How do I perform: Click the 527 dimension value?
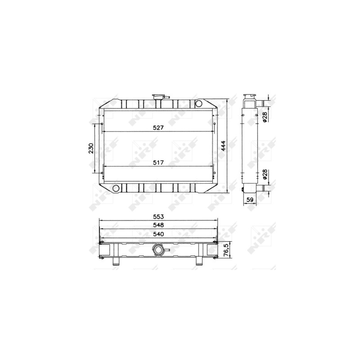click(158, 128)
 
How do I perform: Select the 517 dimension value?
click(158, 162)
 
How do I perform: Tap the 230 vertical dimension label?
click(91, 148)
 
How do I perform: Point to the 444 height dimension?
click(223, 146)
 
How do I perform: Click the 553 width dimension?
click(158, 216)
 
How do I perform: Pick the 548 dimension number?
click(158, 225)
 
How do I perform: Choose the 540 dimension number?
click(158, 234)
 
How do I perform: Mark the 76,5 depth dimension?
click(226, 250)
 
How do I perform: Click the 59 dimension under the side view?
click(250, 200)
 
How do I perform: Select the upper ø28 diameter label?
click(265, 117)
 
